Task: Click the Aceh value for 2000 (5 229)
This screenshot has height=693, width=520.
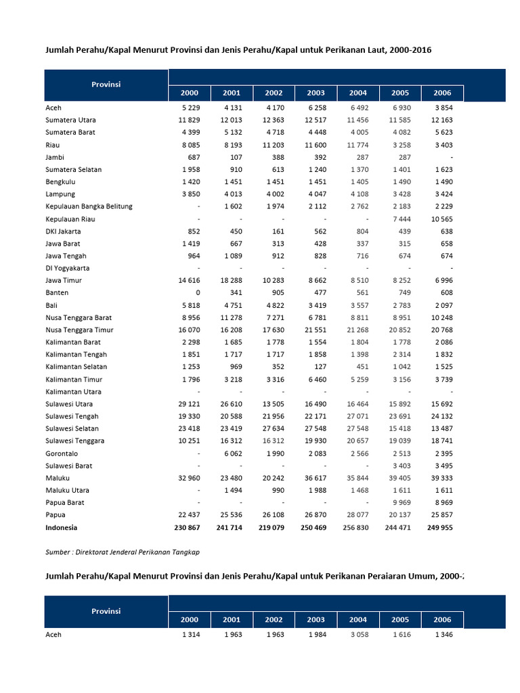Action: click(190, 108)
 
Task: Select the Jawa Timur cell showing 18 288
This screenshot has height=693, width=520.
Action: click(231, 280)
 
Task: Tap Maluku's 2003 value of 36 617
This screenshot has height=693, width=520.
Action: click(315, 478)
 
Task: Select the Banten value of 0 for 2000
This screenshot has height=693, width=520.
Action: click(197, 292)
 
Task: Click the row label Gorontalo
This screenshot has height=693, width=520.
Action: click(62, 453)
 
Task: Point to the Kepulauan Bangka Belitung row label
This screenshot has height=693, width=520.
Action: click(89, 206)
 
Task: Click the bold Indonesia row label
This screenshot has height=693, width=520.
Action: click(61, 527)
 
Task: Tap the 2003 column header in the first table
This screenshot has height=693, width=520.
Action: click(316, 93)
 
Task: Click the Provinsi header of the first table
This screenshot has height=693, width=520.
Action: click(106, 85)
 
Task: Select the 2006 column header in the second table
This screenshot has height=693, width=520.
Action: click(441, 619)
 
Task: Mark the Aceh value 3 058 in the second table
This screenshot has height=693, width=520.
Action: click(357, 635)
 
